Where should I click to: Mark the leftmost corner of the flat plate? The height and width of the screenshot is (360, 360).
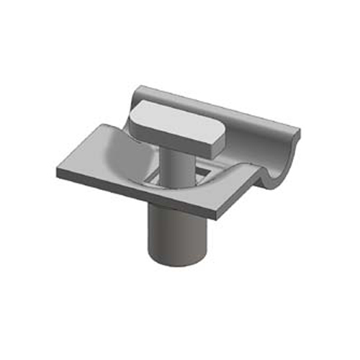click(56, 171)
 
